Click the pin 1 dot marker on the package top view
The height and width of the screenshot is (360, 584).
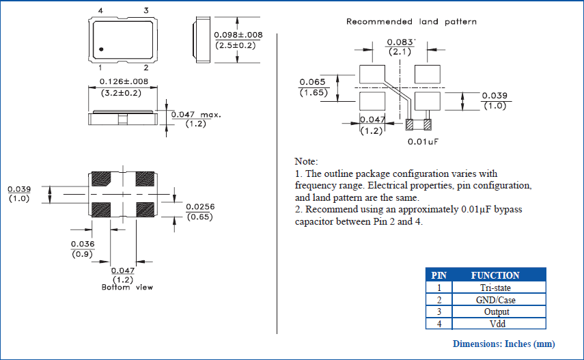pos(100,49)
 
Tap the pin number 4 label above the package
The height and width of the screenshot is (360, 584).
pos(100,10)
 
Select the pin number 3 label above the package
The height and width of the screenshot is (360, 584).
pos(145,10)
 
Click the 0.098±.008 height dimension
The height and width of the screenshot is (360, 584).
pos(238,35)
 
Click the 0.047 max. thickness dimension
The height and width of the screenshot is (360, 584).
pos(195,115)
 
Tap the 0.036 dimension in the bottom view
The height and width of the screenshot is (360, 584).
pos(83,244)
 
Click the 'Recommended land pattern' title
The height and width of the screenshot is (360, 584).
pos(411,22)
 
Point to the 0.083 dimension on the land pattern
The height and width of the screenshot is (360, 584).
pos(400,42)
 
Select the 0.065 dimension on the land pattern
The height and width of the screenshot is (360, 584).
pos(312,82)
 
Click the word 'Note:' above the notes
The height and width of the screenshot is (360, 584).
pos(305,161)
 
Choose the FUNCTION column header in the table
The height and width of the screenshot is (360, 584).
pos(495,275)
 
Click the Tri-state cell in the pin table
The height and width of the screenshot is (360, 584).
pos(495,288)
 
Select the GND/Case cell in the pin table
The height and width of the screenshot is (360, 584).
pos(495,300)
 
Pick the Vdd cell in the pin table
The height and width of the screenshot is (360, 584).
pos(495,324)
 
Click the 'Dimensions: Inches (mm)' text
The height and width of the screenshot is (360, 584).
pos(503,344)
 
